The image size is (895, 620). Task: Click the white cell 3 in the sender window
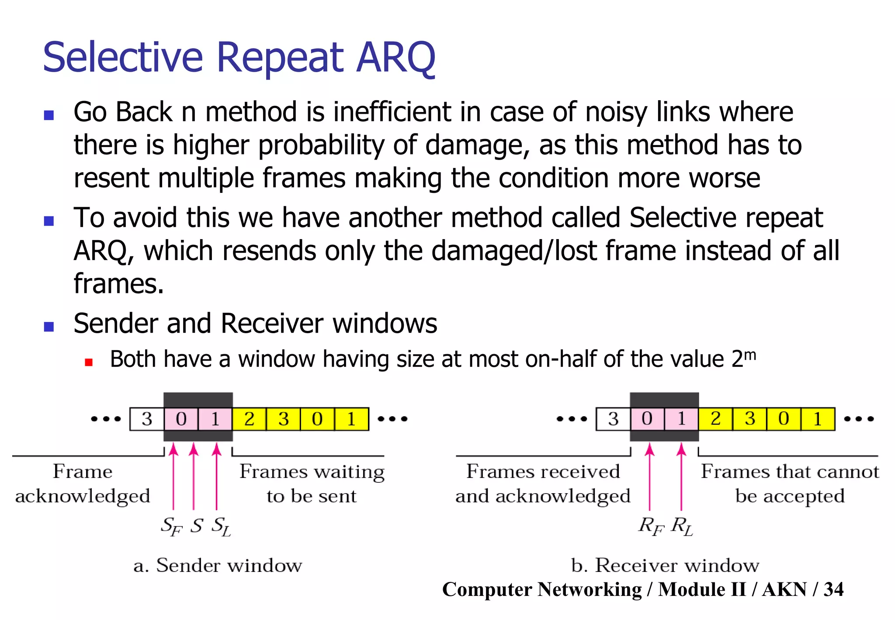point(147,419)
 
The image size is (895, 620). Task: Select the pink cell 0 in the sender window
point(181,419)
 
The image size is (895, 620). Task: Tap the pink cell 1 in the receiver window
point(681,419)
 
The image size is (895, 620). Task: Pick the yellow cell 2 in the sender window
point(249,419)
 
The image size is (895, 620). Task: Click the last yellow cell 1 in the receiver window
point(818,419)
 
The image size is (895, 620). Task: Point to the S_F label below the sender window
point(171,526)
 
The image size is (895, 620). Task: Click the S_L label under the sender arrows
point(221,526)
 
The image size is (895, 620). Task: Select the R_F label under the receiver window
point(651,526)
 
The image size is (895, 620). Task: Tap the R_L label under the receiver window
point(682,526)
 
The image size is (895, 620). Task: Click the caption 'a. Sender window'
point(218,565)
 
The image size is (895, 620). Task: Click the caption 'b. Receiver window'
point(665,565)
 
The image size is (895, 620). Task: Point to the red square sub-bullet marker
point(89,362)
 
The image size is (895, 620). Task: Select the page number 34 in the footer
point(833,589)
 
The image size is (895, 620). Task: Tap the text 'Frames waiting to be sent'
point(312,484)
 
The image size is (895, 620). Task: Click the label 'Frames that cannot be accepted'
point(790,484)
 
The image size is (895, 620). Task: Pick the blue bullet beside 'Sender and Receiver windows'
point(49,327)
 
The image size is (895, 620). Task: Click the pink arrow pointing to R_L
point(681,477)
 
